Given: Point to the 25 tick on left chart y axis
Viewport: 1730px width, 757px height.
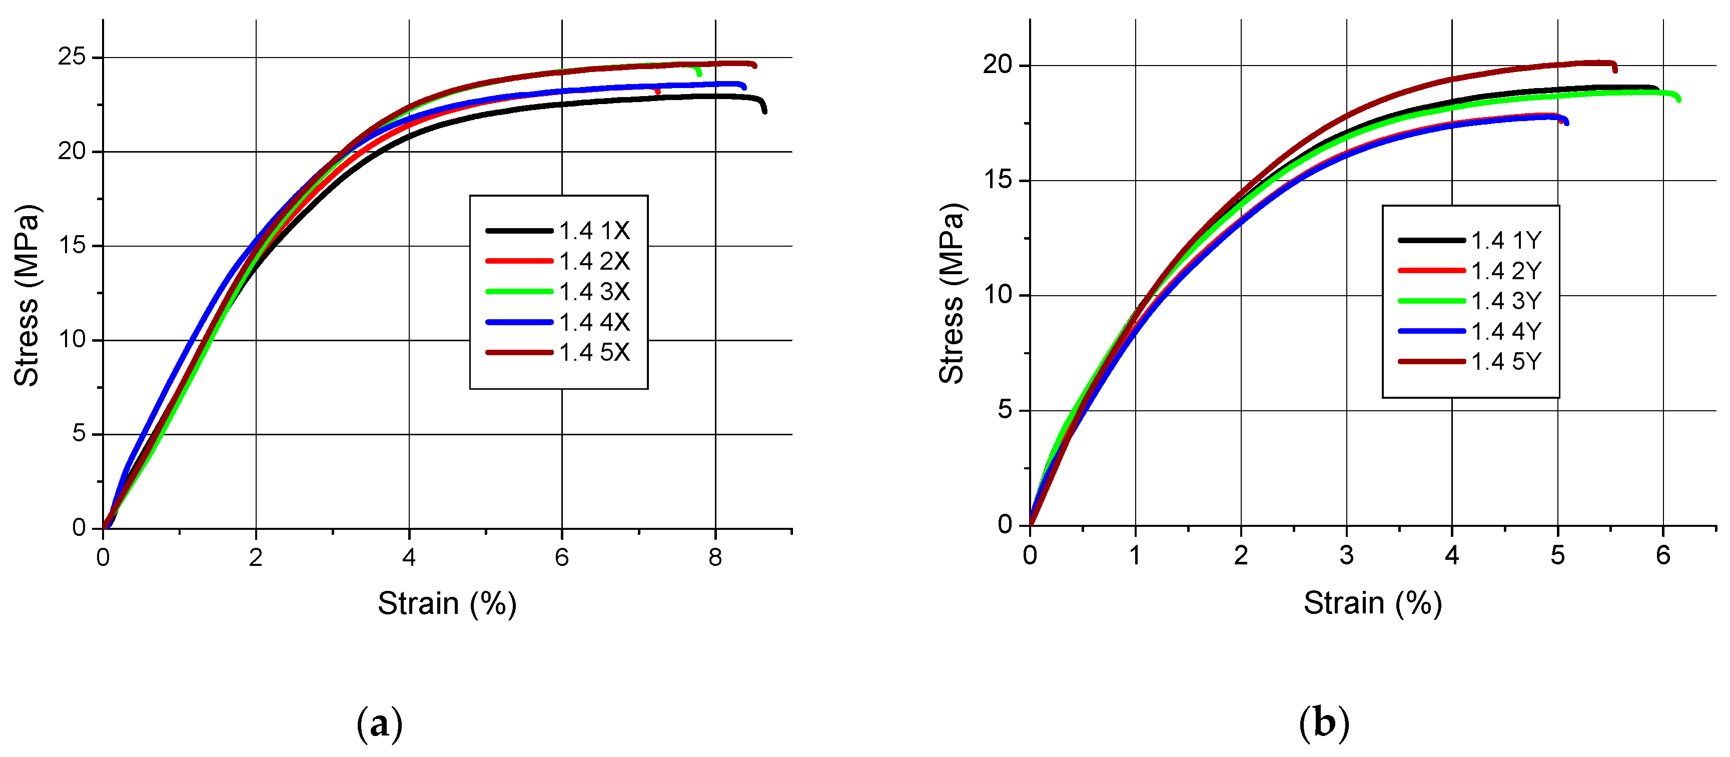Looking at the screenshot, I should coord(72,57).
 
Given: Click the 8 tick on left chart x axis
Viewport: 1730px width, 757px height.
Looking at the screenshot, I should coord(715,557).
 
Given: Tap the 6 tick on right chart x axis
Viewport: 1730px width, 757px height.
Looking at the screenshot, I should coord(1663,555).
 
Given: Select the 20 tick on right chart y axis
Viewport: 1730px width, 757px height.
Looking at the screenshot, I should coord(997,65).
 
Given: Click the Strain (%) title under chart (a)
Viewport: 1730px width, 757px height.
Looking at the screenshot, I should coord(447,603).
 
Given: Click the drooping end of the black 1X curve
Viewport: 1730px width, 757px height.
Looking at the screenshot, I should coord(764,111).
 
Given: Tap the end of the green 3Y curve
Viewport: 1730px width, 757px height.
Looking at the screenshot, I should coord(1679,100).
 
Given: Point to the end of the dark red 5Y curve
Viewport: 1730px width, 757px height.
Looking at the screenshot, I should coord(1615,70).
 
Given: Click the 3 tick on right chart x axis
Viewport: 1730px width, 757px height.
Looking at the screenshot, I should coord(1346,555).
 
